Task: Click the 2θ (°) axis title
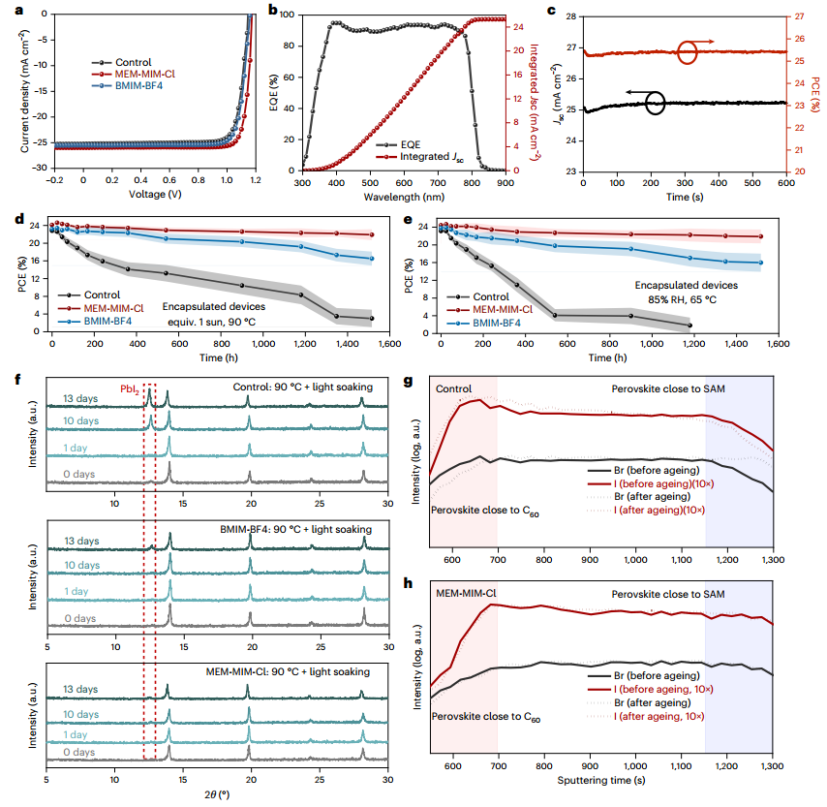point(216,794)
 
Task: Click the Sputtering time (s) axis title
point(602,778)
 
